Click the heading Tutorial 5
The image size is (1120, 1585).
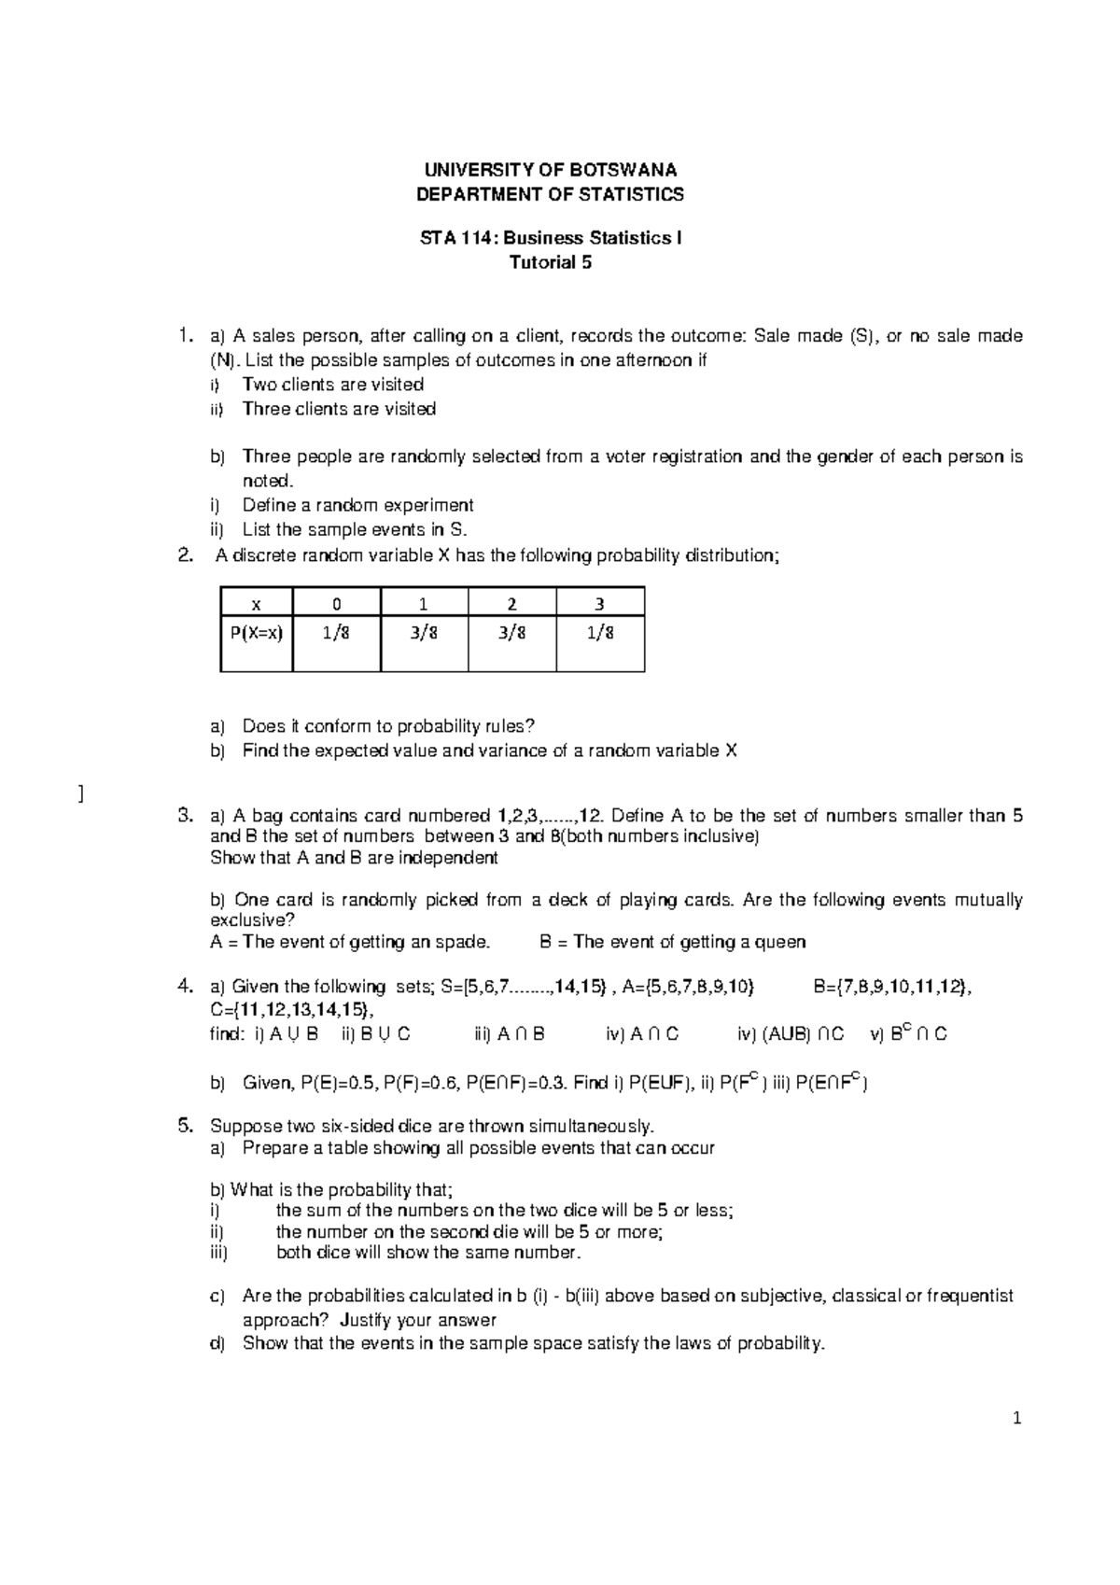tap(551, 262)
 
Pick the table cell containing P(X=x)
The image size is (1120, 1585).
tap(256, 632)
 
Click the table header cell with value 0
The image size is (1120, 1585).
tap(336, 604)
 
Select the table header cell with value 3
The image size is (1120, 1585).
tap(599, 604)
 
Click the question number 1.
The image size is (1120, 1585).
tap(186, 335)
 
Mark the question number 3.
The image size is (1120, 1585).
tap(184, 816)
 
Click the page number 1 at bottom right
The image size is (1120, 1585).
tap(1018, 1420)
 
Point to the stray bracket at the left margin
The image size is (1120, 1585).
tap(81, 793)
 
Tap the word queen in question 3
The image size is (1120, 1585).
tap(782, 942)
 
